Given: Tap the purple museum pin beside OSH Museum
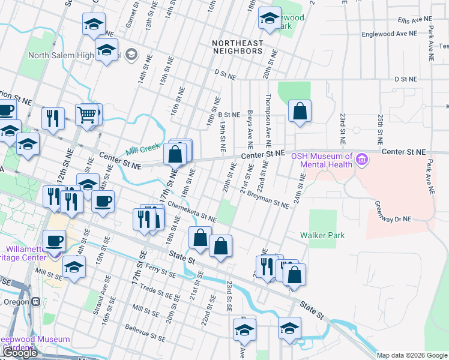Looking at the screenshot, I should (361, 160).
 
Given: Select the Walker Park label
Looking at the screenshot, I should (323, 236).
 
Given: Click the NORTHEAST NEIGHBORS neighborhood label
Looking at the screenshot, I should (238, 47).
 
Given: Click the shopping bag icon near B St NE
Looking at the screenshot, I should (299, 111).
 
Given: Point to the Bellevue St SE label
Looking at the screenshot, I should (145, 334).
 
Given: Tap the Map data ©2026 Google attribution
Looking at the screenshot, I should (412, 355).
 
